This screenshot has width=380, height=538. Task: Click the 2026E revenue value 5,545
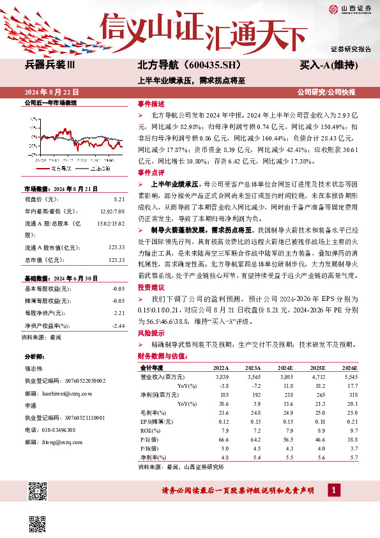350,378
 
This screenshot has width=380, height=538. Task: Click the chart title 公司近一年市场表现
50,103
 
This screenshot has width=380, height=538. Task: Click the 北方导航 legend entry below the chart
59,167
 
